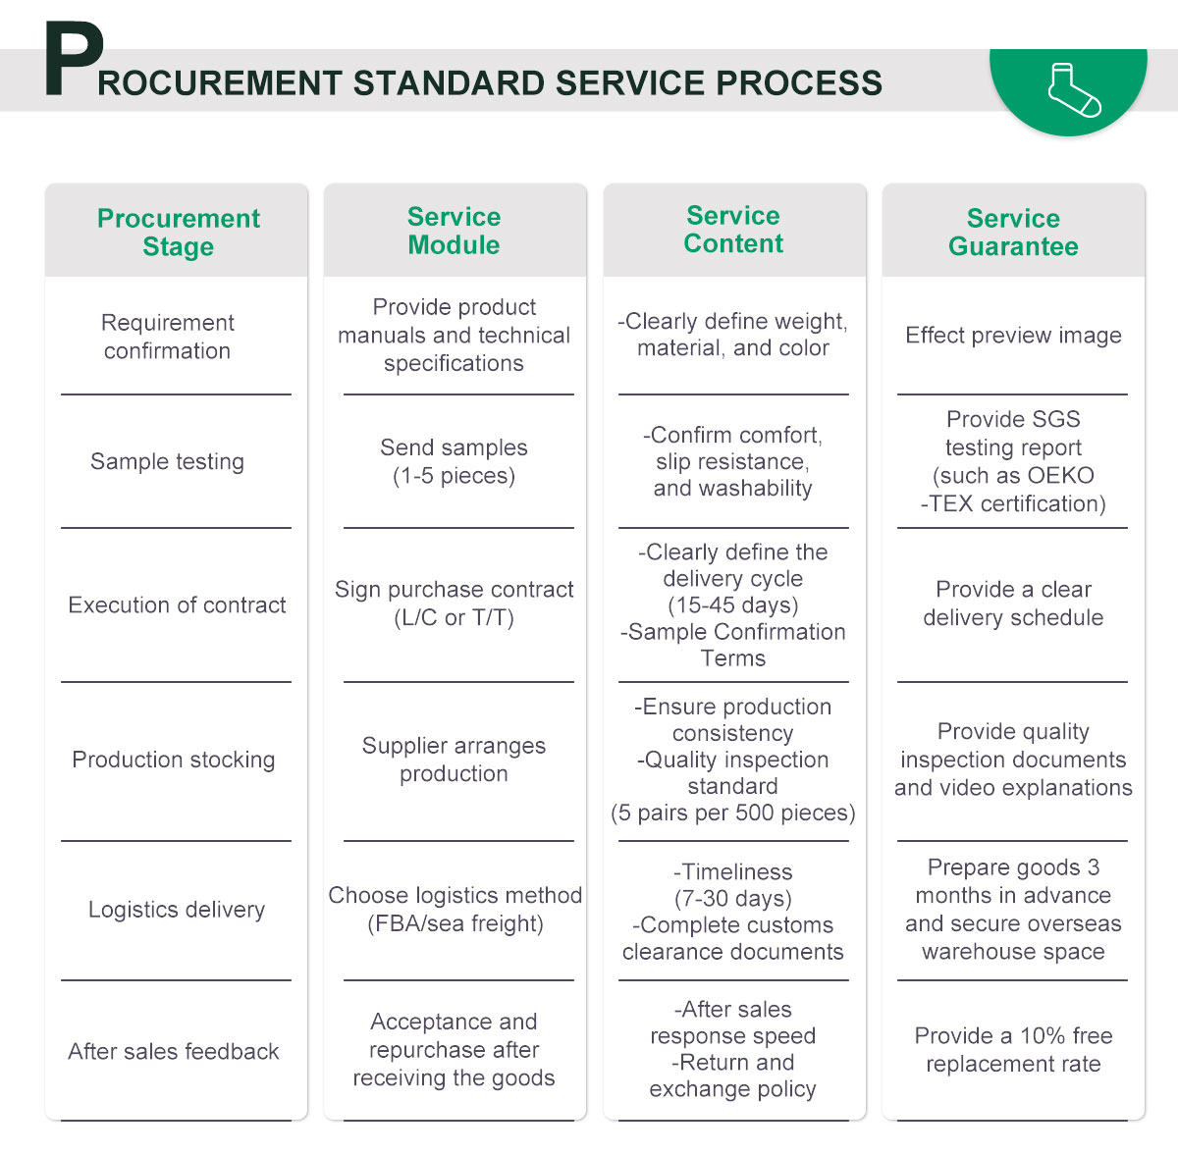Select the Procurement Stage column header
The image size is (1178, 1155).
178,232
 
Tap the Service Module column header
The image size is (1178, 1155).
454,231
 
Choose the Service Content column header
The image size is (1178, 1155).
733,230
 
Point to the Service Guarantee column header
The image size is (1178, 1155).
1013,232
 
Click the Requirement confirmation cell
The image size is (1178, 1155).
168,337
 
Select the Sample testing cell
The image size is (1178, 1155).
167,461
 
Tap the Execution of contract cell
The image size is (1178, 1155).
177,604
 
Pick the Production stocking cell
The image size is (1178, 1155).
174,760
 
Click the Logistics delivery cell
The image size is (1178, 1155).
177,910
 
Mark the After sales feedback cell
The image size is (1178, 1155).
174,1052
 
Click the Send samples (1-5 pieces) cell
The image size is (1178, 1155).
454,461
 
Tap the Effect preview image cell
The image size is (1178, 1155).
1013,336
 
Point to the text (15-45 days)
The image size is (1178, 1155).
733,604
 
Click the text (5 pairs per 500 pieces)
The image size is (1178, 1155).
733,813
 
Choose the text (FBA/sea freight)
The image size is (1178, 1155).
455,923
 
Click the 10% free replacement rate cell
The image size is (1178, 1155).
1013,1050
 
